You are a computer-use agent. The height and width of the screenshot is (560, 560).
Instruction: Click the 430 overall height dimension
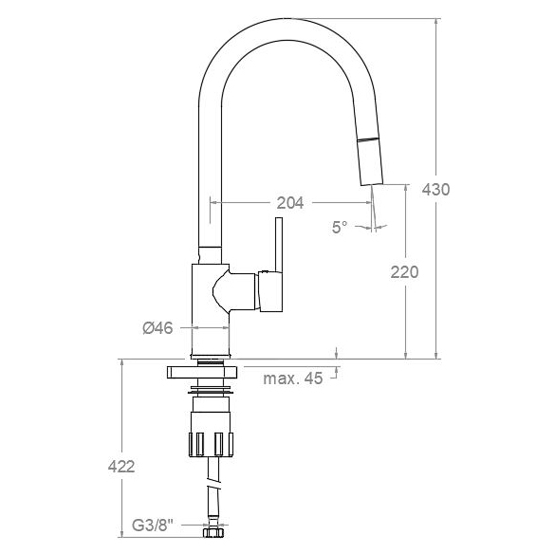pyautogui.click(x=436, y=190)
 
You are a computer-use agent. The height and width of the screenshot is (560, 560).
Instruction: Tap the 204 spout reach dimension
pyautogui.click(x=290, y=203)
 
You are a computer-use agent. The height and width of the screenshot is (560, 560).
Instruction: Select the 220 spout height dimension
pyautogui.click(x=405, y=272)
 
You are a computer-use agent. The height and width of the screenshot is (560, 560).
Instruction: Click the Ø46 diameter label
pyautogui.click(x=158, y=328)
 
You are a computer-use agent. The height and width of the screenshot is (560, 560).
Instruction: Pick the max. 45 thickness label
pyautogui.click(x=293, y=378)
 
